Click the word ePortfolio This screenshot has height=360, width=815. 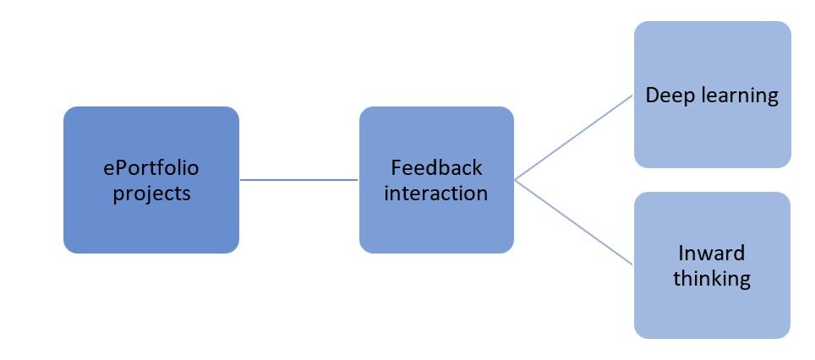click(x=151, y=168)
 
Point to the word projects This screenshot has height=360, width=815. click(x=151, y=194)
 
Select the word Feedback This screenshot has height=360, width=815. click(x=436, y=167)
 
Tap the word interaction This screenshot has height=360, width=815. click(x=436, y=193)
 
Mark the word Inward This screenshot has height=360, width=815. click(x=712, y=253)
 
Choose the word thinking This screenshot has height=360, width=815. click(x=712, y=279)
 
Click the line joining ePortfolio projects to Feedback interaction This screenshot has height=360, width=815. click(x=299, y=179)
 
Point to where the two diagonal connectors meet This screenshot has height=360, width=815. click(x=516, y=180)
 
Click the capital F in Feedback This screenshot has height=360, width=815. click(x=396, y=167)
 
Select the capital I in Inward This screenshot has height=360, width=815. click(x=681, y=253)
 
